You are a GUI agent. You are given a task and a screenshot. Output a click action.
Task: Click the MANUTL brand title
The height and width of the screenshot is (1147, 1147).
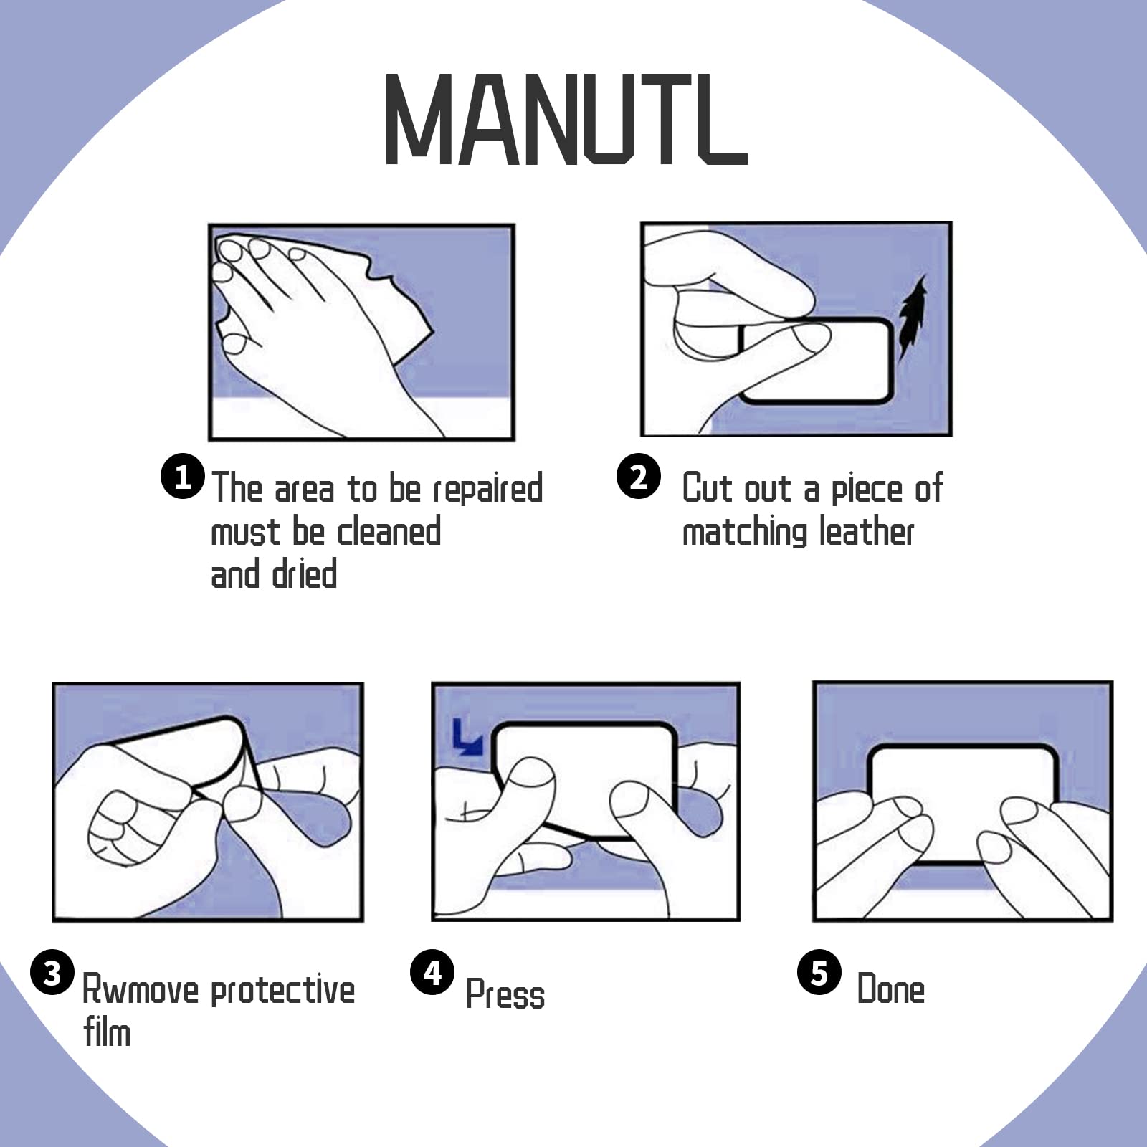tap(566, 119)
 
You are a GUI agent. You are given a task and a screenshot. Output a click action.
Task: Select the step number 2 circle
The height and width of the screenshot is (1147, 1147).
tap(639, 477)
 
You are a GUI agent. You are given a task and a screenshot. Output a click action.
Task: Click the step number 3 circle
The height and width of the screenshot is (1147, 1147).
tap(52, 973)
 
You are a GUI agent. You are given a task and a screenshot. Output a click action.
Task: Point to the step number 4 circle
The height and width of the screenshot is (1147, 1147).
tap(432, 973)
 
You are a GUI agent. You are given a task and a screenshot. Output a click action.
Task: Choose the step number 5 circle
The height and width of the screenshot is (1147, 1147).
tap(819, 973)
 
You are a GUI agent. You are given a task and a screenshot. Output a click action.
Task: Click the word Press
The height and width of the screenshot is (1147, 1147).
tap(505, 994)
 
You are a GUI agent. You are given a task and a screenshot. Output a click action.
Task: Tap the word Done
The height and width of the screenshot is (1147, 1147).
tap(891, 989)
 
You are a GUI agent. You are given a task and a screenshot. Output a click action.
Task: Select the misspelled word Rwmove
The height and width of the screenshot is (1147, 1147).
tap(141, 990)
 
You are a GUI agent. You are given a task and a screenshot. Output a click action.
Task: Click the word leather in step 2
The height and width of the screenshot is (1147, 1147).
tap(867, 532)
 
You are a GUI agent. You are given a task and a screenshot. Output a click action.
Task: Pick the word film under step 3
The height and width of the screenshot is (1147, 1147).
tap(107, 1032)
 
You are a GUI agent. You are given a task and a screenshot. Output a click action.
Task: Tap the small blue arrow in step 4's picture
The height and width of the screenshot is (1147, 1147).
tap(467, 738)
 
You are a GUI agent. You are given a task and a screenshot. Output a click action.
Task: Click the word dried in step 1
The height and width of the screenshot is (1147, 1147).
tap(305, 575)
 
